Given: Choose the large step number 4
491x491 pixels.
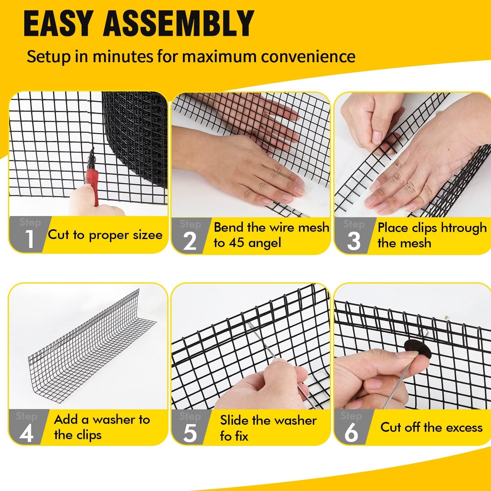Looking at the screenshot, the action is coord(26,433).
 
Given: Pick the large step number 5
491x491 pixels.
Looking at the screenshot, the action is coord(190,433).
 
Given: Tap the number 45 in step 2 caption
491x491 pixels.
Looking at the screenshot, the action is coord(236,243).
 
